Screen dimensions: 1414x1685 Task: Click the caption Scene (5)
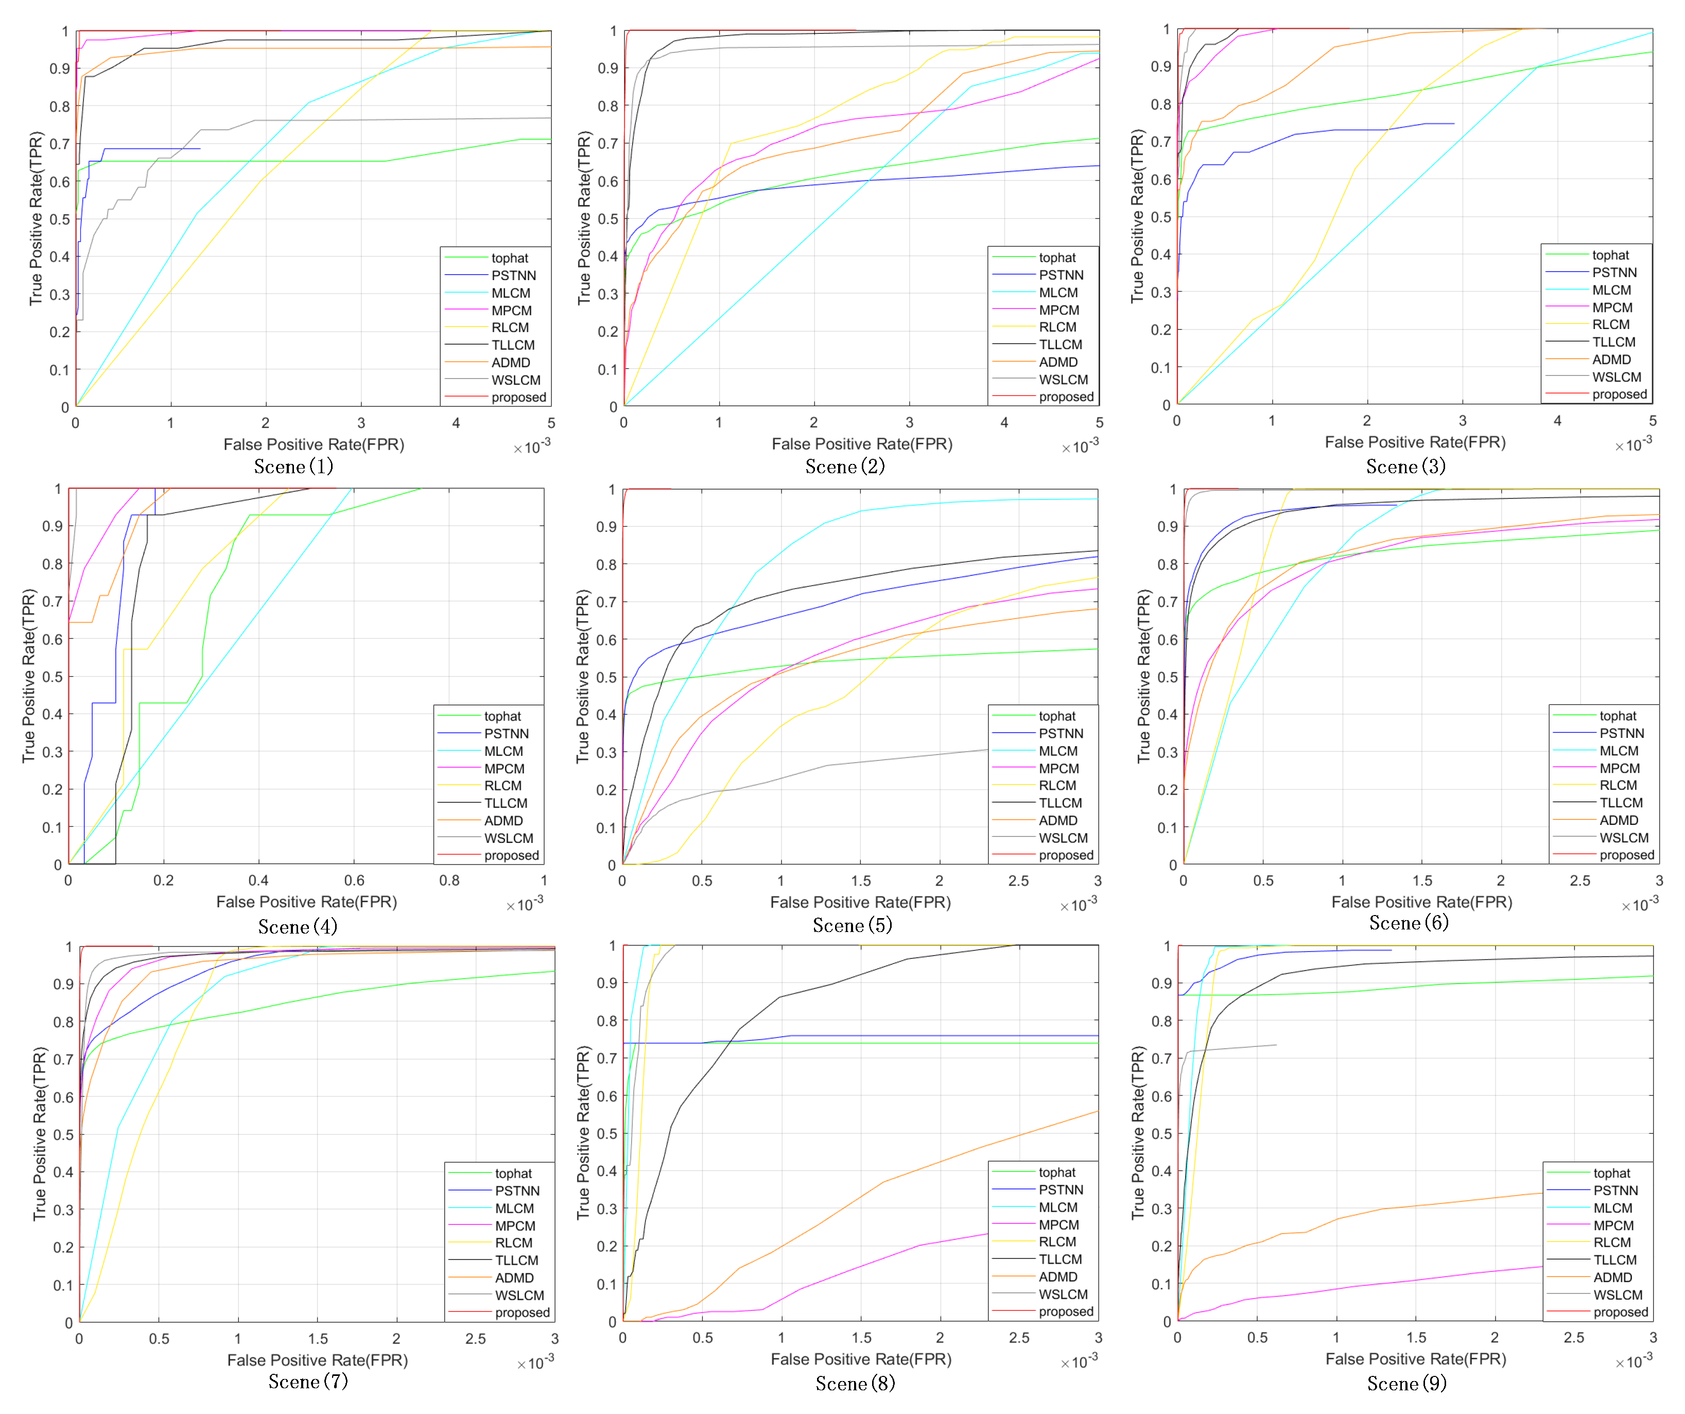[x=852, y=925]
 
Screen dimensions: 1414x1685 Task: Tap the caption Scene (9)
[x=1406, y=1384]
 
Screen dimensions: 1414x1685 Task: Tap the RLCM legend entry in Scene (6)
[x=1618, y=786]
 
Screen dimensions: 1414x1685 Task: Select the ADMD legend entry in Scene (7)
[x=513, y=1278]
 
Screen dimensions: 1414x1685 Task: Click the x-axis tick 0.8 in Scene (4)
[x=449, y=881]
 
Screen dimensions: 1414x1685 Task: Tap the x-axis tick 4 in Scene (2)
[x=1004, y=422]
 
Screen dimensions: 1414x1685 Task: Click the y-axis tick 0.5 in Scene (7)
[x=63, y=1135]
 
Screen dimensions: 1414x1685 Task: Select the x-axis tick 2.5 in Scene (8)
[x=1019, y=1338]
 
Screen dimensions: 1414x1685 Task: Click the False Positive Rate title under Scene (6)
[x=1421, y=902]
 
